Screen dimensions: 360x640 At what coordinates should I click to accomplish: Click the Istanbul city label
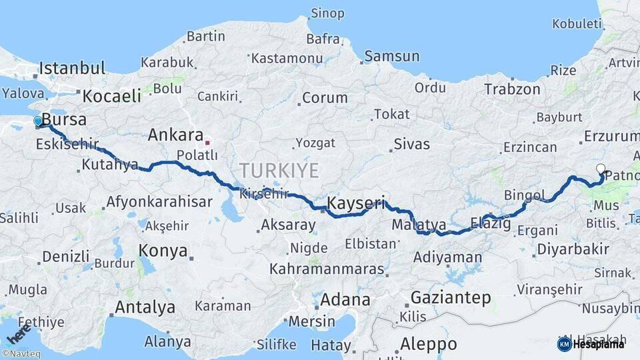(x=72, y=68)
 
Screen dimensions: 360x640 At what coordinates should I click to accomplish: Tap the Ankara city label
(x=175, y=135)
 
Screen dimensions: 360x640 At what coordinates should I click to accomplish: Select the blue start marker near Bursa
(x=39, y=121)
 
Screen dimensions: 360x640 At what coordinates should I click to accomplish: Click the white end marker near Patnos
(x=601, y=169)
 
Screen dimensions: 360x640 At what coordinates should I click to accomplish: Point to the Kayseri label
(x=357, y=202)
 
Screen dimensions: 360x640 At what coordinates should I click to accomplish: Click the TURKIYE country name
(x=280, y=170)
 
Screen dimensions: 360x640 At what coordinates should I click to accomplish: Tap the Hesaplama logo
(x=591, y=344)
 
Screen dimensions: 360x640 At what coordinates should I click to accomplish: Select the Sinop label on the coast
(x=327, y=13)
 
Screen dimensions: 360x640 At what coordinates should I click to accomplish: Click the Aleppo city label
(x=429, y=344)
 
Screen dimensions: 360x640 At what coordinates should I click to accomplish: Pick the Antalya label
(x=145, y=307)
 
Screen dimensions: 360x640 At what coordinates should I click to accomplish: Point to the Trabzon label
(x=512, y=89)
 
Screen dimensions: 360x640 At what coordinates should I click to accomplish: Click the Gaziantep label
(x=451, y=297)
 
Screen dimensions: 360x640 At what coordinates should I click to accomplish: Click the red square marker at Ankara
(x=207, y=142)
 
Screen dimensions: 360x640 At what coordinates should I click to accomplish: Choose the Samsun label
(x=392, y=56)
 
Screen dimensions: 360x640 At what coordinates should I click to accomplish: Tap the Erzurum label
(x=611, y=136)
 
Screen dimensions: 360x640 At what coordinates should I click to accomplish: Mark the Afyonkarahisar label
(x=159, y=201)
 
